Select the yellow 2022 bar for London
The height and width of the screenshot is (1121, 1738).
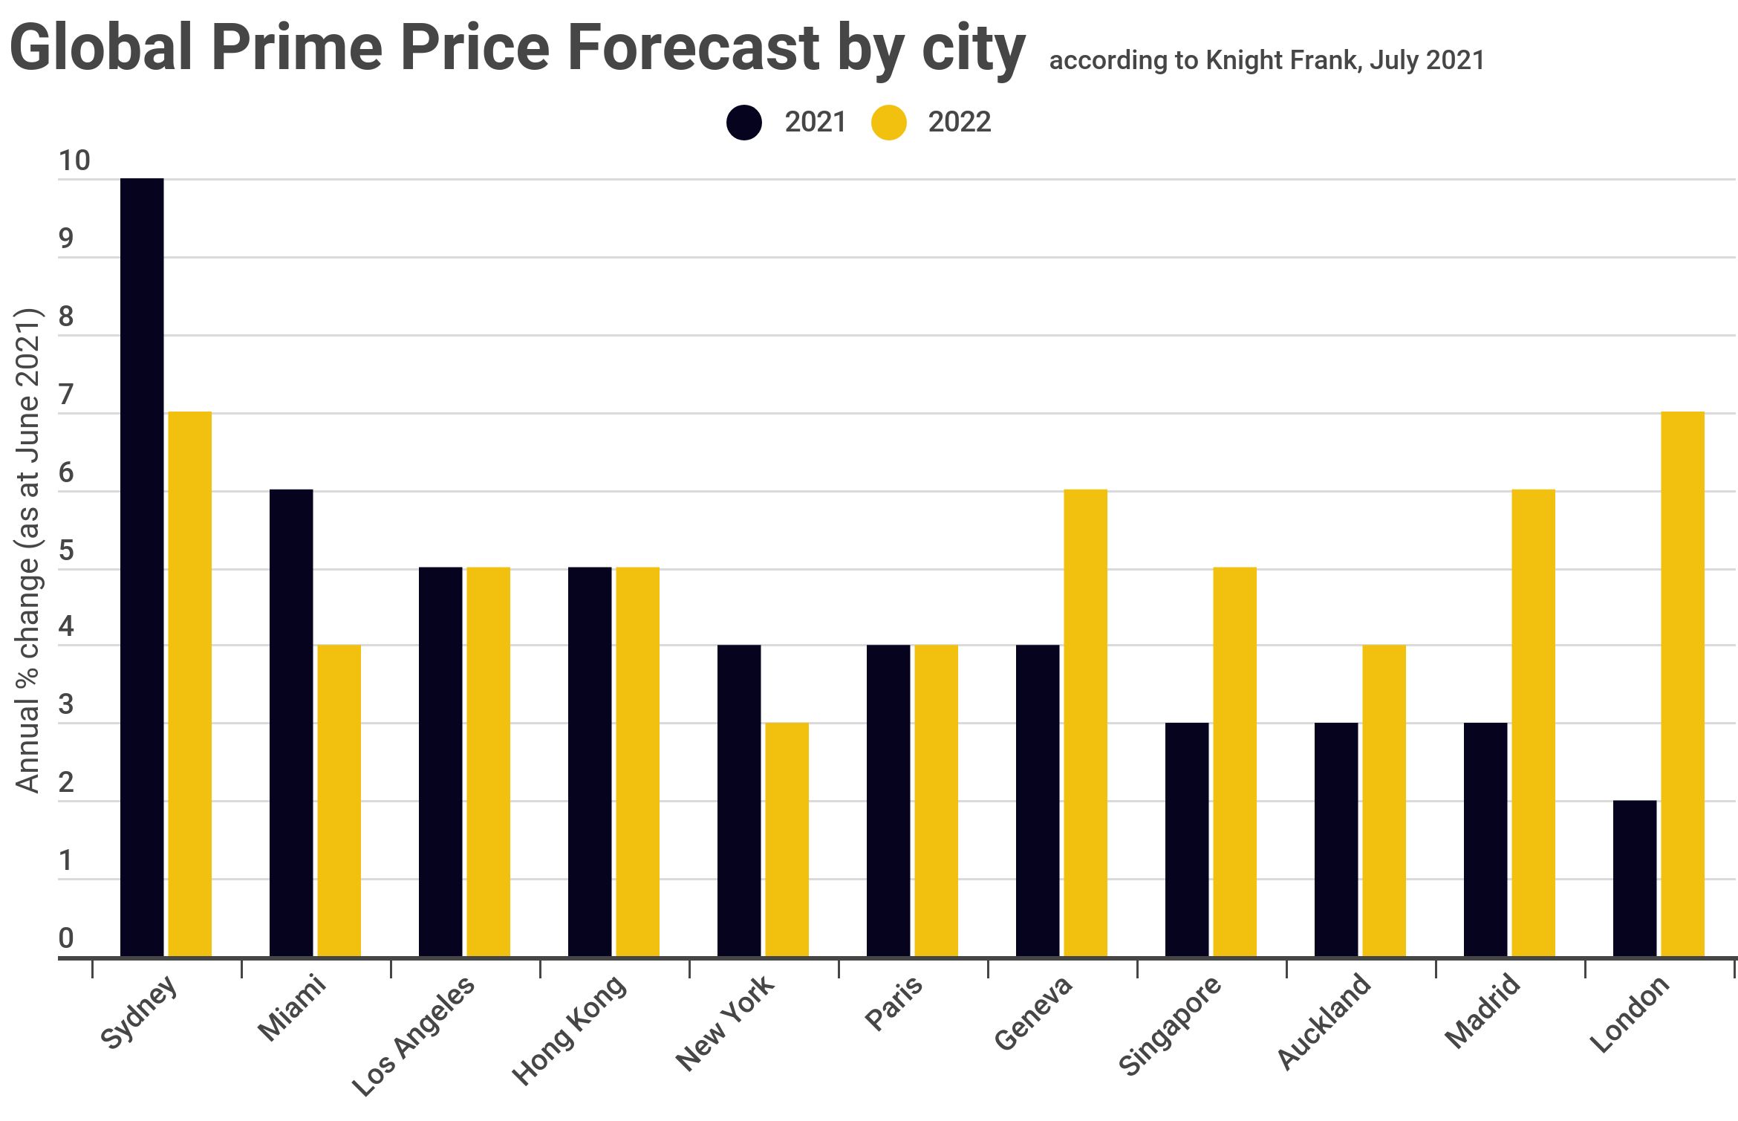pyautogui.click(x=1682, y=683)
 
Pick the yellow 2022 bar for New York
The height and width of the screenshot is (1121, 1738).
pyautogui.click(x=787, y=839)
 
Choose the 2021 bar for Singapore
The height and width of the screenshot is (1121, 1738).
pyautogui.click(x=1186, y=839)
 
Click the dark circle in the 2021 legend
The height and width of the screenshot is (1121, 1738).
pyautogui.click(x=744, y=123)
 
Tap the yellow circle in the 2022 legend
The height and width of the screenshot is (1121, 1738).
pyautogui.click(x=888, y=123)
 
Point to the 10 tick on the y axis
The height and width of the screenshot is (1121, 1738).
pyautogui.click(x=74, y=161)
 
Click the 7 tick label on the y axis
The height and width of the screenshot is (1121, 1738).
pyautogui.click(x=66, y=394)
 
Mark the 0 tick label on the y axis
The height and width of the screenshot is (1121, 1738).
pyautogui.click(x=66, y=938)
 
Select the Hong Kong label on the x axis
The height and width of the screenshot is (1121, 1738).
pyautogui.click(x=569, y=1029)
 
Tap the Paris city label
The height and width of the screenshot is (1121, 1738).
pyautogui.click(x=894, y=1002)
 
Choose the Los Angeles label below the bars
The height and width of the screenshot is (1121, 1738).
pyautogui.click(x=413, y=1036)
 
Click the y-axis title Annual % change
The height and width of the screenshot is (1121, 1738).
pyautogui.click(x=27, y=550)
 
